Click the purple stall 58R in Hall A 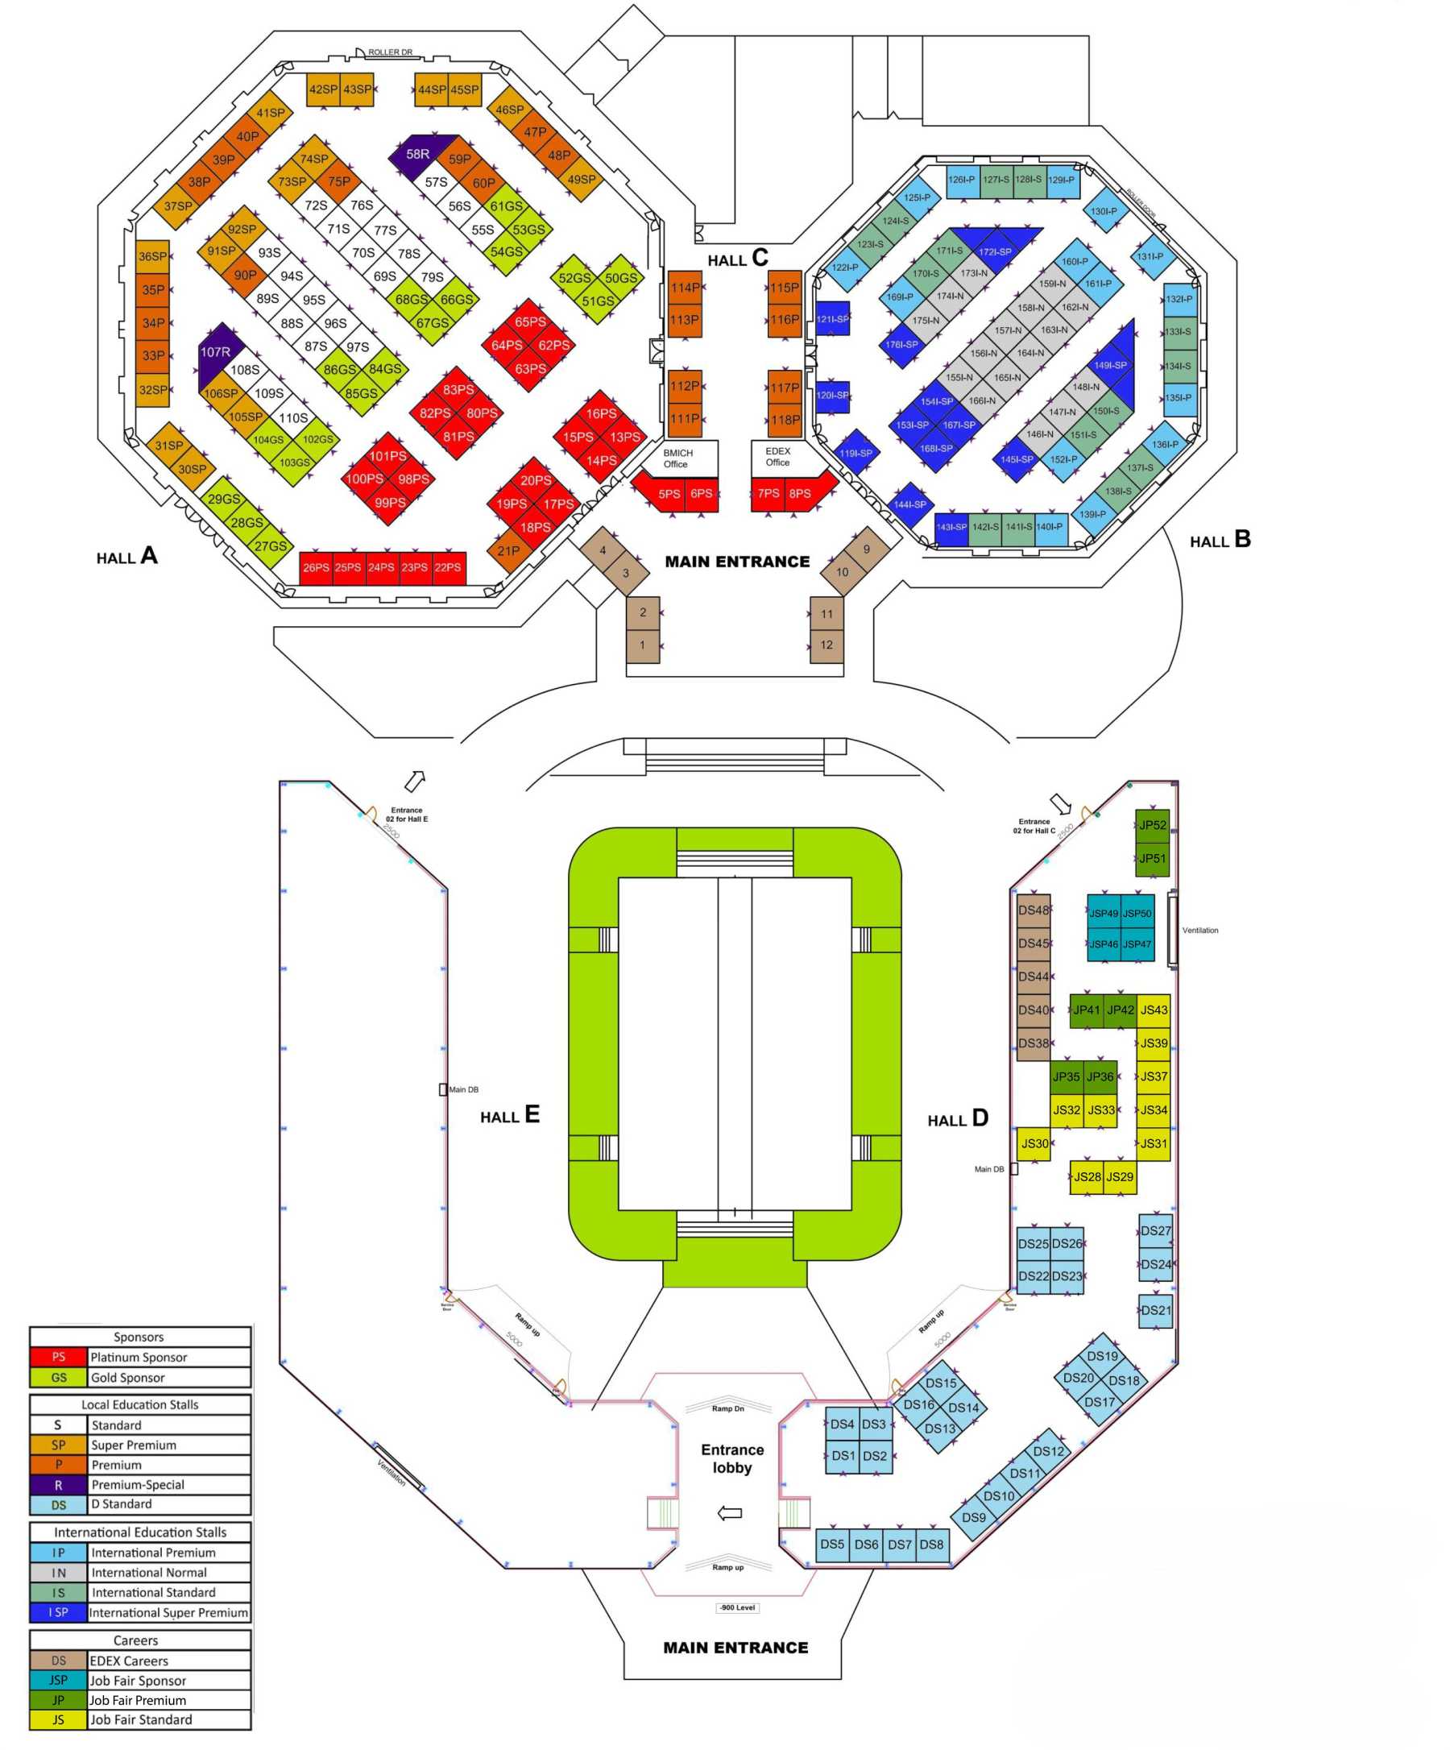[417, 154]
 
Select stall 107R [216, 353]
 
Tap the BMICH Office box [678, 458]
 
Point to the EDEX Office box [778, 457]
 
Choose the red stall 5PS [669, 494]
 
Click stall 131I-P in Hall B [1150, 257]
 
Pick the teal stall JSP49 [1104, 914]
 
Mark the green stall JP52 [1153, 826]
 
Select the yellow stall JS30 [1034, 1144]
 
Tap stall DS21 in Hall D [1156, 1310]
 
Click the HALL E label [509, 1116]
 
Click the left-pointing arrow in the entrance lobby [730, 1513]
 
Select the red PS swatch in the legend [58, 1358]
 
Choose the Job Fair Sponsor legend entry [139, 1681]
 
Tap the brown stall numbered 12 [826, 645]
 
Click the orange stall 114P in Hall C [685, 288]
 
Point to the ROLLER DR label [390, 52]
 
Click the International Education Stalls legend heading [140, 1532]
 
